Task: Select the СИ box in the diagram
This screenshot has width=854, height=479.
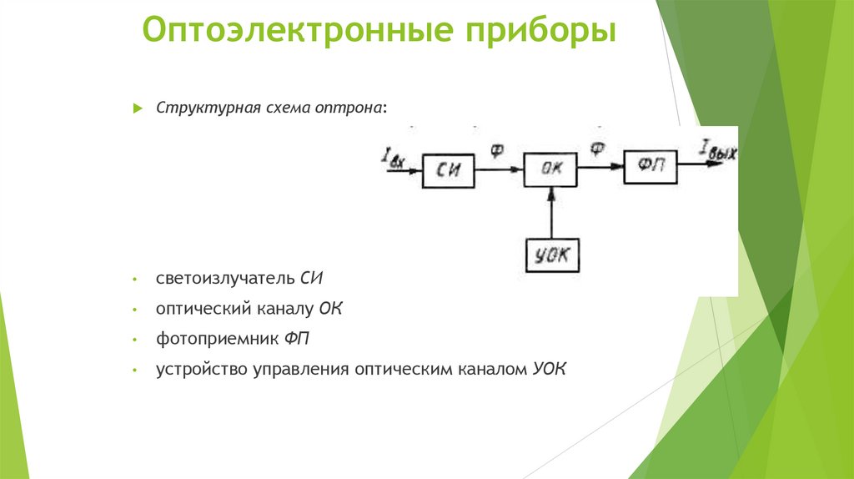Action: (x=448, y=171)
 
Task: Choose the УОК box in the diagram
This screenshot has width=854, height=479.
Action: (x=552, y=255)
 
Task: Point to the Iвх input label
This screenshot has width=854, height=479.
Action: (x=392, y=157)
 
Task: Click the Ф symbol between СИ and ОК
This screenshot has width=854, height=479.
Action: (x=497, y=151)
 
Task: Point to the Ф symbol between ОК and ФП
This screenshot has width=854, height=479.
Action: (x=598, y=150)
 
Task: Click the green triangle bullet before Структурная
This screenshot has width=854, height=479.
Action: (x=138, y=109)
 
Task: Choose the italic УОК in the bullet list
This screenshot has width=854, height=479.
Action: (x=549, y=370)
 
